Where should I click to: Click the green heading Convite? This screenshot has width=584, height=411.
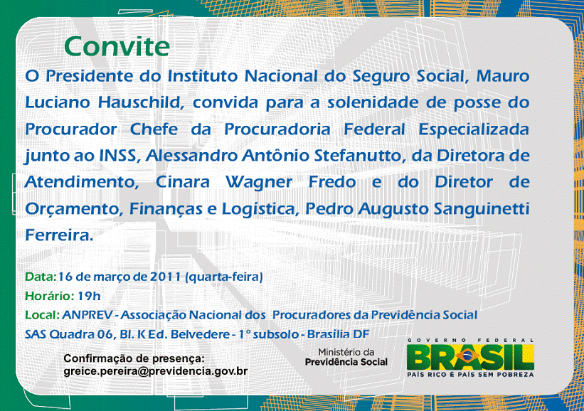pos(117,46)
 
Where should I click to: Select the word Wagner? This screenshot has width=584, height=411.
pos(259,183)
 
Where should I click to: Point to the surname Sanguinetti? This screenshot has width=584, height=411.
pos(482,209)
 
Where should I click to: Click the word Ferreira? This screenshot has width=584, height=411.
pos(59,235)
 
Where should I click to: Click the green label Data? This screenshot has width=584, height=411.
pos(41,277)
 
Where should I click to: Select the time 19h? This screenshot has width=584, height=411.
pos(89,297)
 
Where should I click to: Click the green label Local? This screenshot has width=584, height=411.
pos(42,315)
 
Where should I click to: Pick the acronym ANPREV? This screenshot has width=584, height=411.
pos(87,315)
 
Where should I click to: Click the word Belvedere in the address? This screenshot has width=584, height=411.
pos(200,334)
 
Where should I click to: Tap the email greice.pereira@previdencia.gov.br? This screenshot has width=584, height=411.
pos(156,371)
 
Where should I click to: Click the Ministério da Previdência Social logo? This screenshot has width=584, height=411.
pos(346,357)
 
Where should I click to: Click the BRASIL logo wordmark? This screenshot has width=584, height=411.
pos(470,358)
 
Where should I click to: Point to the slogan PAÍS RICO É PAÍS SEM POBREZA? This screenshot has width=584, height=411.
pos(470,375)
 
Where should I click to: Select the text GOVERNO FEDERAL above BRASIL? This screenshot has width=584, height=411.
pos(471,341)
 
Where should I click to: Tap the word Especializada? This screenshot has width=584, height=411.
pos(474,129)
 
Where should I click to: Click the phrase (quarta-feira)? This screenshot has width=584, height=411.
pos(224,277)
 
